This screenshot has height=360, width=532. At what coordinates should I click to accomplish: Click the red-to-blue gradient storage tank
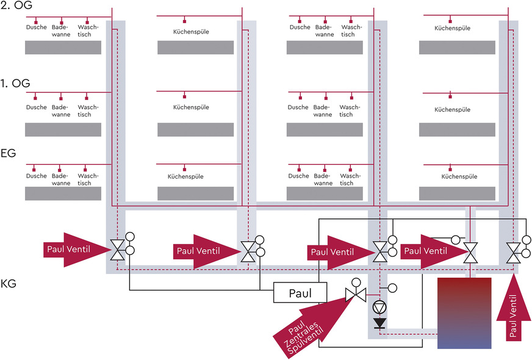click(464, 313)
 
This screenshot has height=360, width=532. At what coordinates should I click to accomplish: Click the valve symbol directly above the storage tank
click(470, 250)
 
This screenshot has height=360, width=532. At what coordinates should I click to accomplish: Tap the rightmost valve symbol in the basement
click(514, 250)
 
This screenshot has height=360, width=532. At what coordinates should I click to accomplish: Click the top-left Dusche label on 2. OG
click(36, 27)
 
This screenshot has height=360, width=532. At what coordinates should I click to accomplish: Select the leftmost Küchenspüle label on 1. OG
click(192, 107)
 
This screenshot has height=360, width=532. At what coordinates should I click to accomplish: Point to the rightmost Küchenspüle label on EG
click(458, 176)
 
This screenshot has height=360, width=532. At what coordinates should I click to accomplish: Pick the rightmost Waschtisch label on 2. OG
click(351, 31)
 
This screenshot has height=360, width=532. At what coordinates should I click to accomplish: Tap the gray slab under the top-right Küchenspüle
click(457, 48)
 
